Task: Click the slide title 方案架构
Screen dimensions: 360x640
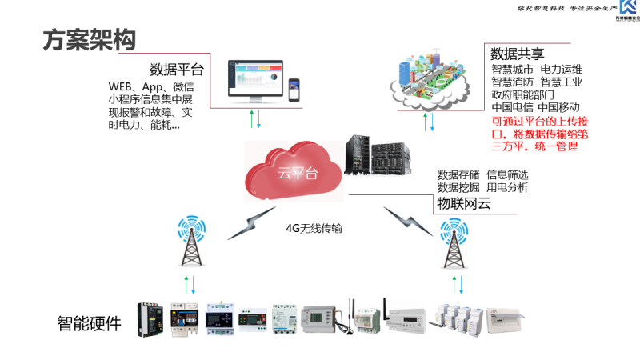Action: (x=89, y=39)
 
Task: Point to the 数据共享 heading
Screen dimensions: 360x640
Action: (x=518, y=54)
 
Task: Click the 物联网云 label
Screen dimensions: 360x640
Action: (x=463, y=206)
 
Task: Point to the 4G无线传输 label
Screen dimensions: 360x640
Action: (x=314, y=228)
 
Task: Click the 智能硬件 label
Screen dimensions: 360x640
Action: (x=89, y=324)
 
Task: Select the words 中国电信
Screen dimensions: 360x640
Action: (x=512, y=107)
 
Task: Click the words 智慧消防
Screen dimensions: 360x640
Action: (x=512, y=82)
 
